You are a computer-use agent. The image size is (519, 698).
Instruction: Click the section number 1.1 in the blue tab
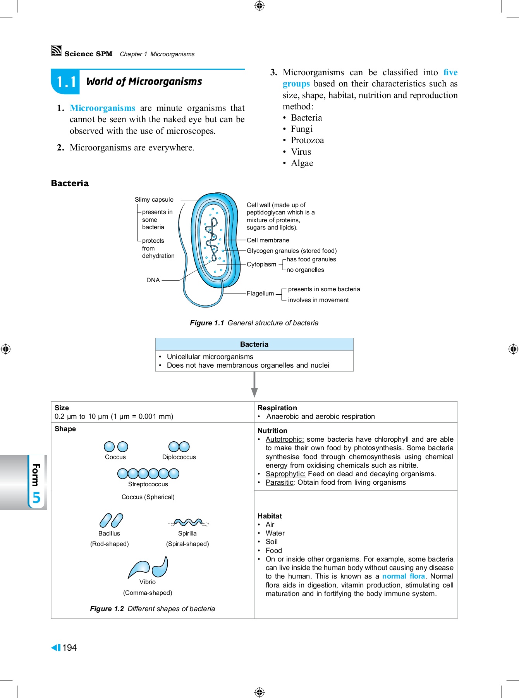66,82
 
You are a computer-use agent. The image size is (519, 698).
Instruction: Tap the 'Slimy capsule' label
154,200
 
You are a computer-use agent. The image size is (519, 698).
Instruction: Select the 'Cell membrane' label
268,240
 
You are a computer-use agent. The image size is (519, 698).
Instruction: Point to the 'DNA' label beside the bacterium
153,280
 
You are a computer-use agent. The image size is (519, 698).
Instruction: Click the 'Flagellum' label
260,294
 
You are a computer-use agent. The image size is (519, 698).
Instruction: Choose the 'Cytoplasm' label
261,264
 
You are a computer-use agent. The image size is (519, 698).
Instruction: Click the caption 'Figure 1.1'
207,323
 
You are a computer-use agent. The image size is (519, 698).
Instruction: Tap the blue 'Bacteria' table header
254,344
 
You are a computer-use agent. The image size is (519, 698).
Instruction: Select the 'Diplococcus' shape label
179,457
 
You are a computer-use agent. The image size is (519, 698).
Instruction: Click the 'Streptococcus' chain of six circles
148,473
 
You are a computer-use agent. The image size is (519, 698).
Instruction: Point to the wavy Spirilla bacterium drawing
188,523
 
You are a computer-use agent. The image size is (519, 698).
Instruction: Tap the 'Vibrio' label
148,582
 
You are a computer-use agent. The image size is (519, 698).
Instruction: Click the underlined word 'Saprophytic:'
285,474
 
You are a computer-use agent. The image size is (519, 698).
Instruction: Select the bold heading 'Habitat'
270,516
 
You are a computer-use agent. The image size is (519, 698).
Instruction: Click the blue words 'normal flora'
403,576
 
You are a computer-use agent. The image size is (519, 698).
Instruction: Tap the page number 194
69,648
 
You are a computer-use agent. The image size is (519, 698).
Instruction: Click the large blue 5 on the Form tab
36,497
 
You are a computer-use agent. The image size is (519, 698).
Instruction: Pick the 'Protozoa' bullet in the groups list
307,140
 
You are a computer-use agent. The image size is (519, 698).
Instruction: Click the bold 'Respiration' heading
277,408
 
